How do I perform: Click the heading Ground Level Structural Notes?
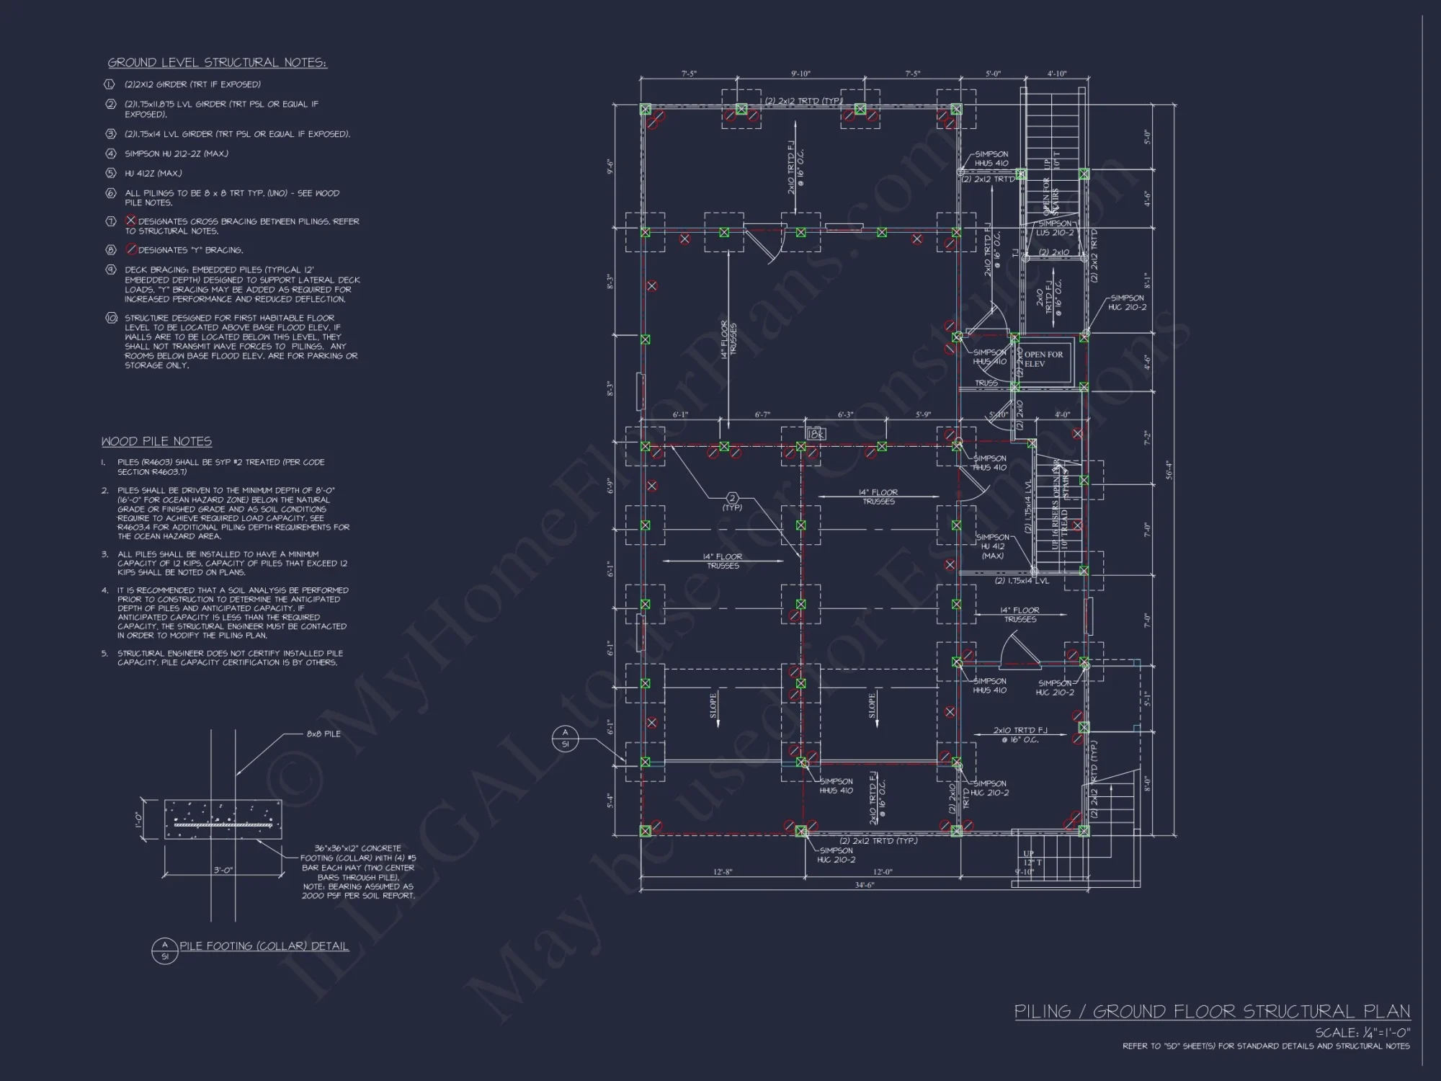pyautogui.click(x=217, y=63)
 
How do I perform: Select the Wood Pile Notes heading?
pyautogui.click(x=156, y=441)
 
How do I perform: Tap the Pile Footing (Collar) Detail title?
pyautogui.click(x=264, y=946)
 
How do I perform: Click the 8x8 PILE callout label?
pyautogui.click(x=324, y=734)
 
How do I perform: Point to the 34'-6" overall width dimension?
pyautogui.click(x=865, y=884)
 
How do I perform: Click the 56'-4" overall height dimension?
pyautogui.click(x=1168, y=470)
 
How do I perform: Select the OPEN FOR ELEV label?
pyautogui.click(x=1043, y=359)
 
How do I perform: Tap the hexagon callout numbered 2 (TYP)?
pyautogui.click(x=732, y=498)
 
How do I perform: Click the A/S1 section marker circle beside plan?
pyautogui.click(x=565, y=737)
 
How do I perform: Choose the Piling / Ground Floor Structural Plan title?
pyautogui.click(x=1212, y=1011)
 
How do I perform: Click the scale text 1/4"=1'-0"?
pyautogui.click(x=1362, y=1032)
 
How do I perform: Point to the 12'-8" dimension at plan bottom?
pyautogui.click(x=723, y=872)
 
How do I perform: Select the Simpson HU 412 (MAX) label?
pyautogui.click(x=993, y=546)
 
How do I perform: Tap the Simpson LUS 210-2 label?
pyautogui.click(x=1055, y=228)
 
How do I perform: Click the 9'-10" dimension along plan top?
pyautogui.click(x=800, y=74)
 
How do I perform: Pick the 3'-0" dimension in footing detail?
pyautogui.click(x=223, y=870)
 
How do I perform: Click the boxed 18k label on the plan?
pyautogui.click(x=815, y=434)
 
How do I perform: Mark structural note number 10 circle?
pyautogui.click(x=111, y=318)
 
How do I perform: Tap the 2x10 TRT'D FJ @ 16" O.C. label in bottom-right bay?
pyautogui.click(x=1020, y=734)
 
